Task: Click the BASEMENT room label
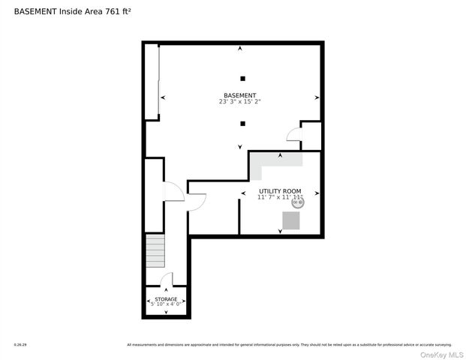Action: coord(240,95)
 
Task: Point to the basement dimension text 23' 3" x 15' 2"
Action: coord(240,102)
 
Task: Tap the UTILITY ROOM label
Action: coord(280,191)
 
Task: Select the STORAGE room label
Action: coord(166,298)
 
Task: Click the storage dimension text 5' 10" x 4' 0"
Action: coord(166,304)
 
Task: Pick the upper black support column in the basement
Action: coord(242,79)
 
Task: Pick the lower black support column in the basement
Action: coord(242,124)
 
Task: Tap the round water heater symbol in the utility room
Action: coord(296,202)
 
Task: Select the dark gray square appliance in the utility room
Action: coord(291,220)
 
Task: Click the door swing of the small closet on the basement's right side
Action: coord(293,134)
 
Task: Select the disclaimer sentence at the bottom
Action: coord(289,345)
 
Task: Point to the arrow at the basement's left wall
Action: coord(163,98)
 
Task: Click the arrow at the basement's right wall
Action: coord(317,98)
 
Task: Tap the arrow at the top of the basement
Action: coord(240,49)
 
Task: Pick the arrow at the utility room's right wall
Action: coord(317,193)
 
